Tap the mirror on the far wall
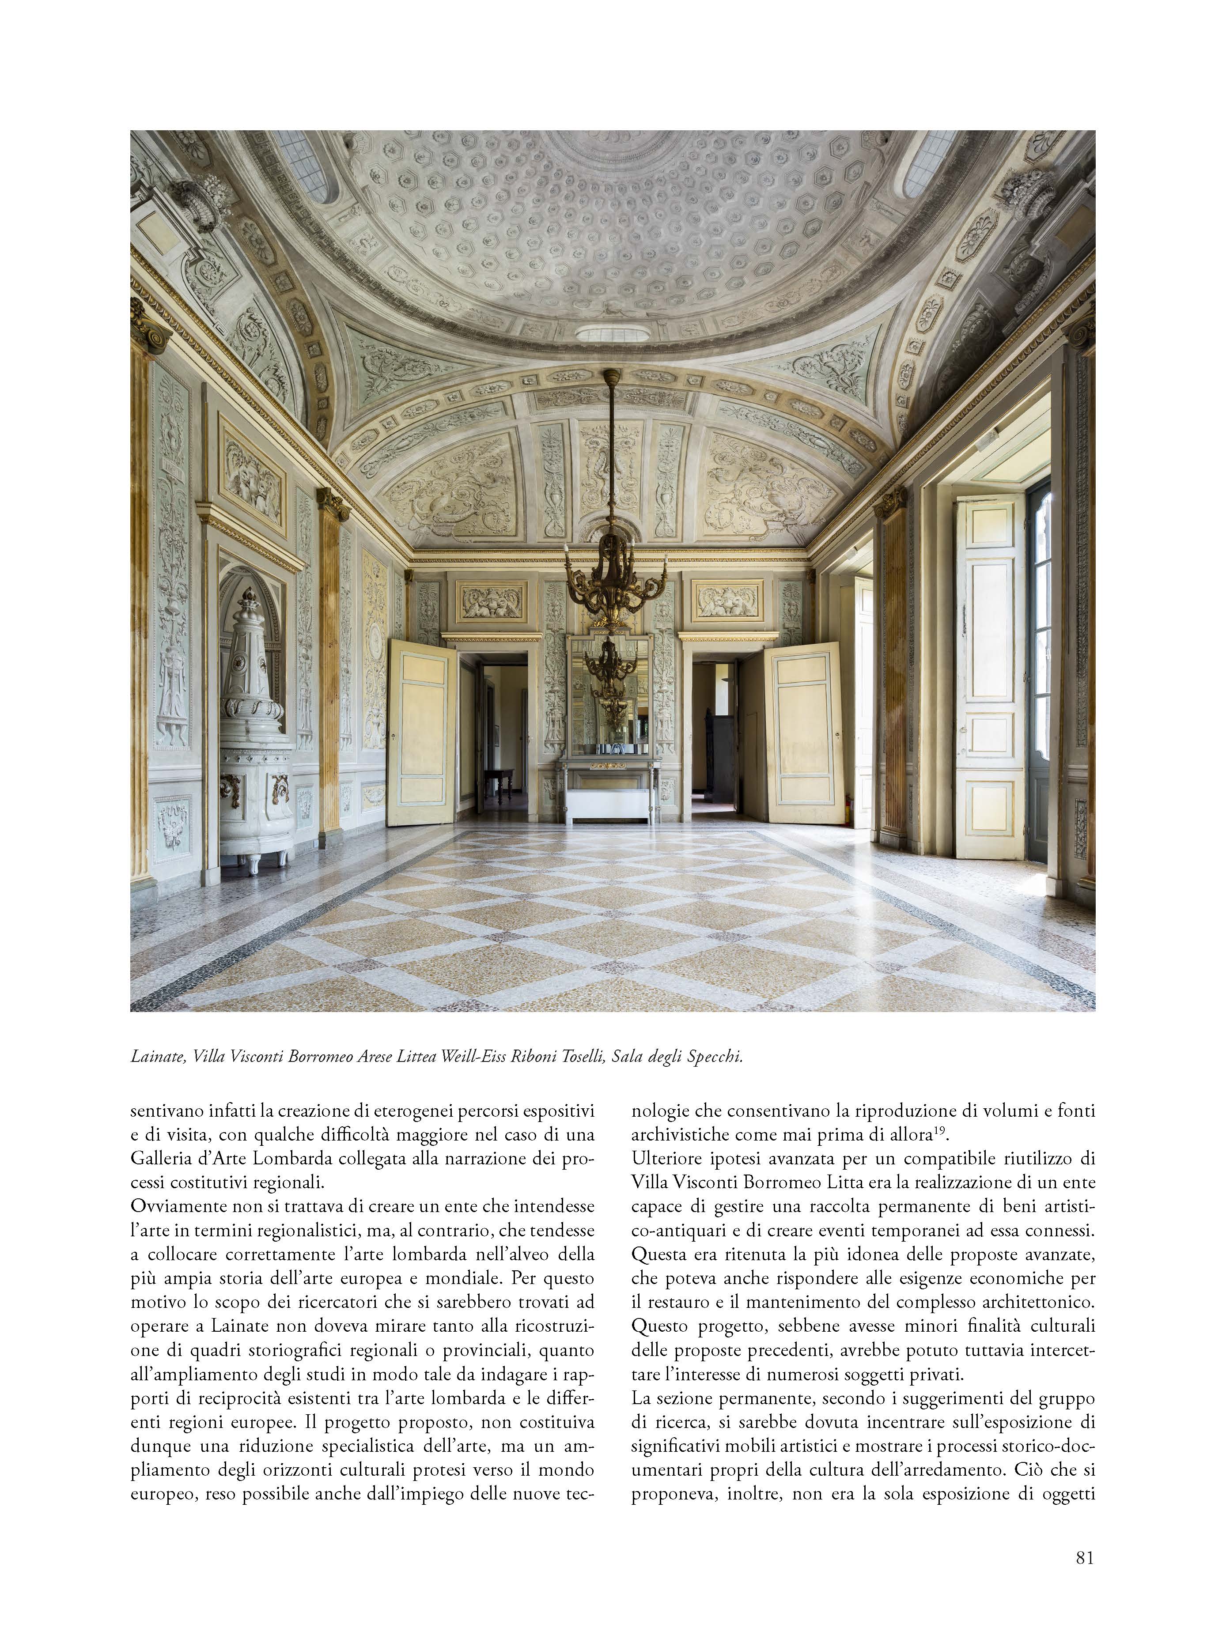[609, 694]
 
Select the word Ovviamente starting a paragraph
[176, 1207]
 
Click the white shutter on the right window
[990, 675]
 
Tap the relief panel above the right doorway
[727, 600]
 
